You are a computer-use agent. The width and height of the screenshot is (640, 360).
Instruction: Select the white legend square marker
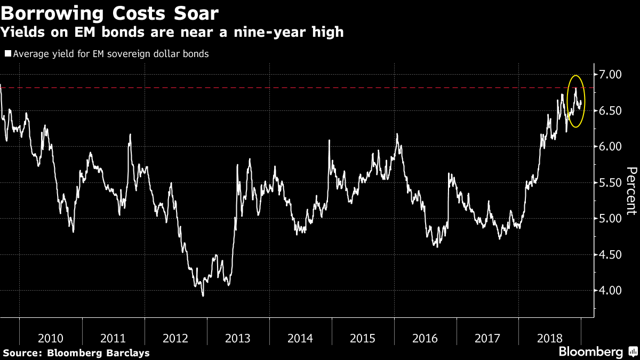[7, 54]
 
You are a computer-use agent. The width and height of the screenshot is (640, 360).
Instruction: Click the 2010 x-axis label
[51, 338]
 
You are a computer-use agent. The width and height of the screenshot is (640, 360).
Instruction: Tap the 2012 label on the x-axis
[175, 338]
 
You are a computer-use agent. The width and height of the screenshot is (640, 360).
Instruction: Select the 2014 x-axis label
[300, 338]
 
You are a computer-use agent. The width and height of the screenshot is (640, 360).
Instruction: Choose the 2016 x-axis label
[425, 338]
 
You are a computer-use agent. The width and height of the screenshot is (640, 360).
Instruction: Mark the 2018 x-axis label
[550, 338]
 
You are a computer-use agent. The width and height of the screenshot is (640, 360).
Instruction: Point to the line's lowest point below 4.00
[203, 295]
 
